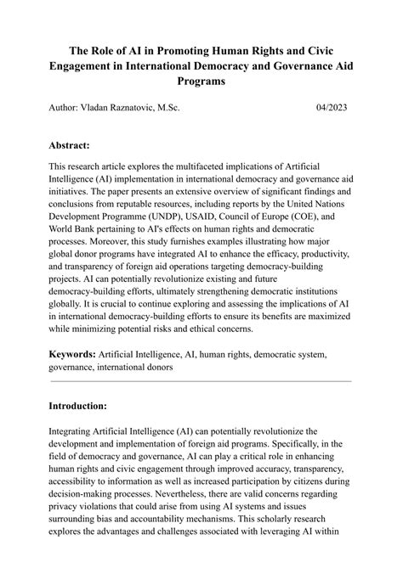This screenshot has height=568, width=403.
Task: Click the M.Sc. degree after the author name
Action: [184, 108]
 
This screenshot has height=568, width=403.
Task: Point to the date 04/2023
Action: [332, 108]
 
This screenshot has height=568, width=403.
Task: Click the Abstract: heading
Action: [76, 145]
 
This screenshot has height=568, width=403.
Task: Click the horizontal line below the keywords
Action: [201, 381]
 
